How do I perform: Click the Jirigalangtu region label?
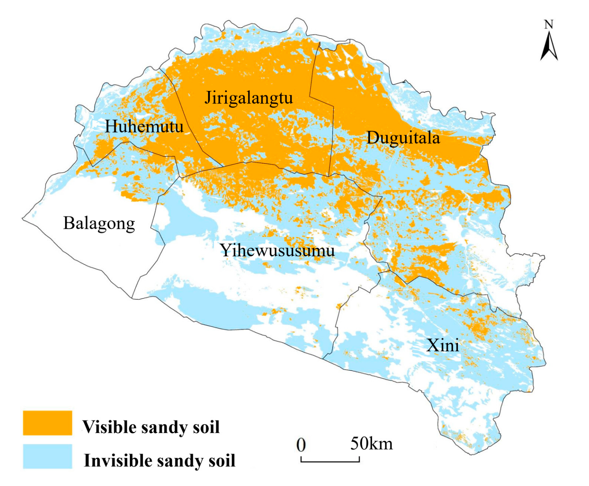point(248,98)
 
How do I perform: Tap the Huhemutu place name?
point(144,127)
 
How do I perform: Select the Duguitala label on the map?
point(403,138)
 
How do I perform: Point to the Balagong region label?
point(99,223)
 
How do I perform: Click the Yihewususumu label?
point(277,250)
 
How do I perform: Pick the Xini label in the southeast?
point(443,345)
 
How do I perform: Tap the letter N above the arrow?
point(548,25)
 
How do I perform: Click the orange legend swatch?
point(47,423)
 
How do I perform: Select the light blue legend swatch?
point(47,456)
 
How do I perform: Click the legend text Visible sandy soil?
point(151,427)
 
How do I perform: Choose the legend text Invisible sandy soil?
point(159,461)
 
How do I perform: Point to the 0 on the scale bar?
point(301,444)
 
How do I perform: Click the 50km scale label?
point(371,443)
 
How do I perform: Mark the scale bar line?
point(330,462)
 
